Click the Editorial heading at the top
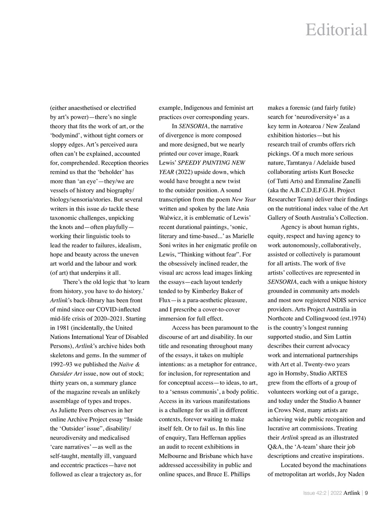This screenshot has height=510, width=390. click(x=336, y=30)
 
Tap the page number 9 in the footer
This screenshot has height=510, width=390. click(x=366, y=493)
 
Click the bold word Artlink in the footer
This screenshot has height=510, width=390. click(x=352, y=493)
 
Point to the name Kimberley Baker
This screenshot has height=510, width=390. click(x=214, y=291)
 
